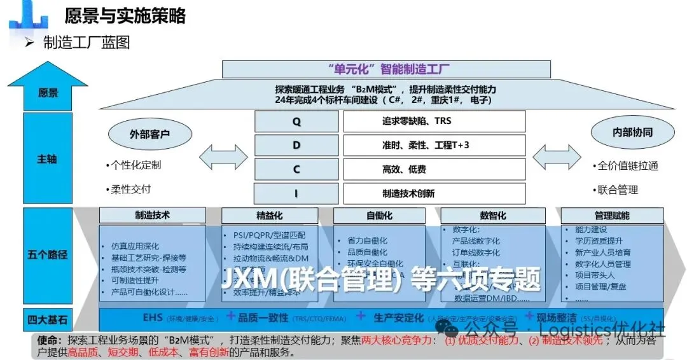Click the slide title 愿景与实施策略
125,16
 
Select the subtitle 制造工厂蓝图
86,43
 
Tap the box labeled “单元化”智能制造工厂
386,69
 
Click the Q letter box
296,121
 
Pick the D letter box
296,145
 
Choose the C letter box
296,169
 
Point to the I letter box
296,193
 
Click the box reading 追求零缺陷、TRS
434,121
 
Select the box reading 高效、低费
434,169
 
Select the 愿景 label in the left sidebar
48,93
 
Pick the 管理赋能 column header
612,216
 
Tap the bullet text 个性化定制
135,165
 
